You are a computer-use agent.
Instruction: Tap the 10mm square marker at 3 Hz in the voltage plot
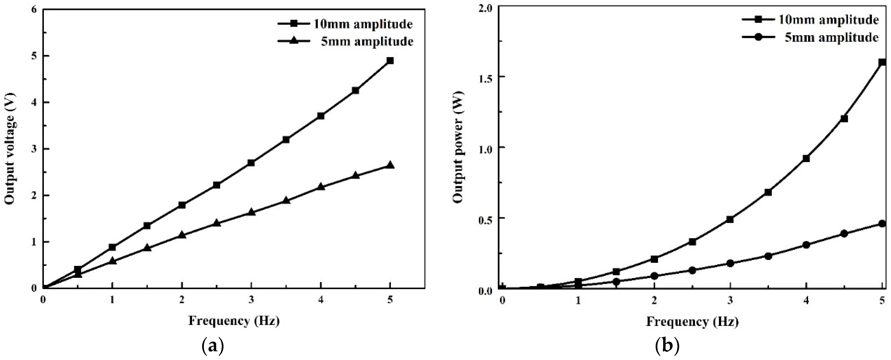251,163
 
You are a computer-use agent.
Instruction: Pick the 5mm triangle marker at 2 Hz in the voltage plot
182,235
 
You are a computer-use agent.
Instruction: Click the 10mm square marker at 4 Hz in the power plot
806,158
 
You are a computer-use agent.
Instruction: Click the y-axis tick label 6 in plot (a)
34,9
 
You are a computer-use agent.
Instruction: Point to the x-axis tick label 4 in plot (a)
321,300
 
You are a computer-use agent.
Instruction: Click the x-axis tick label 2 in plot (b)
654,301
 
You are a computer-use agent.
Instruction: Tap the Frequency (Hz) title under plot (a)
234,321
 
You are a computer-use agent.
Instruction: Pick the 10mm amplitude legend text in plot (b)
827,19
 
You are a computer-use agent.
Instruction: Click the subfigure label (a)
212,346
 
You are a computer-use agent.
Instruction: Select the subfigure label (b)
667,346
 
